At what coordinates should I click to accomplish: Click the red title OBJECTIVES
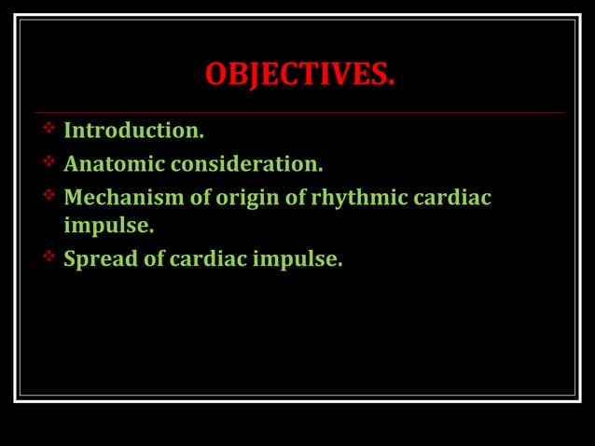[x=299, y=74]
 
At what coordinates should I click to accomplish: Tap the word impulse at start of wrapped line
[x=108, y=226]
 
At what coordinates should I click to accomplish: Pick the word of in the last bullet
[x=153, y=258]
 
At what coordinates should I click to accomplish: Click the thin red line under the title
[x=299, y=113]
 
